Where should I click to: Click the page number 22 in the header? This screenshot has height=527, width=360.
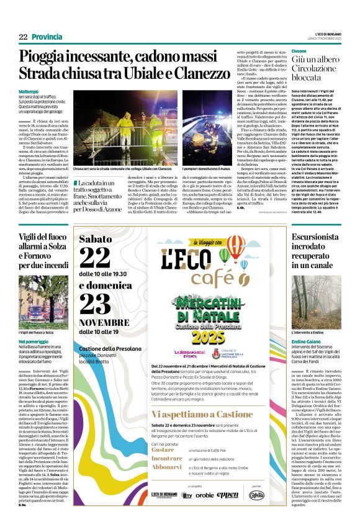click(x=23, y=37)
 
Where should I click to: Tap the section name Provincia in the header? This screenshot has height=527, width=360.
click(x=47, y=37)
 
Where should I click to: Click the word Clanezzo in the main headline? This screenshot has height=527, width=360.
click(x=202, y=73)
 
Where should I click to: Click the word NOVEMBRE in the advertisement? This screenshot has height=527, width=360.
click(x=104, y=323)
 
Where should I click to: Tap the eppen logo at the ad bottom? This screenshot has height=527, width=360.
click(x=227, y=495)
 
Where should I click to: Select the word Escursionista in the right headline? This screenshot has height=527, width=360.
click(x=317, y=236)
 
